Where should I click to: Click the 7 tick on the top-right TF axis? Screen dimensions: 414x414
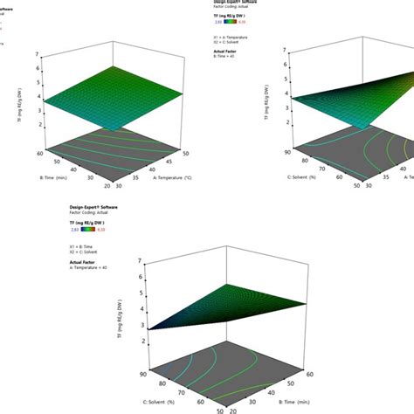tap(286, 50)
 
